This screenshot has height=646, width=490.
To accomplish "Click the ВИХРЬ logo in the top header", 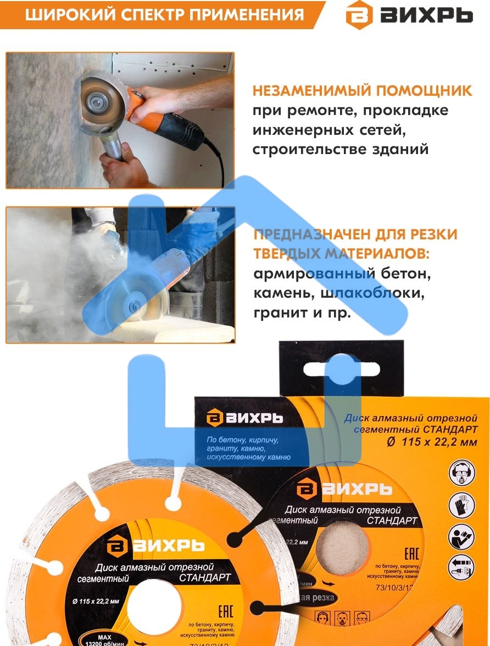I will tap(409, 15).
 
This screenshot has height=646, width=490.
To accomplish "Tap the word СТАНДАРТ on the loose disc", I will tap(204, 578).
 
